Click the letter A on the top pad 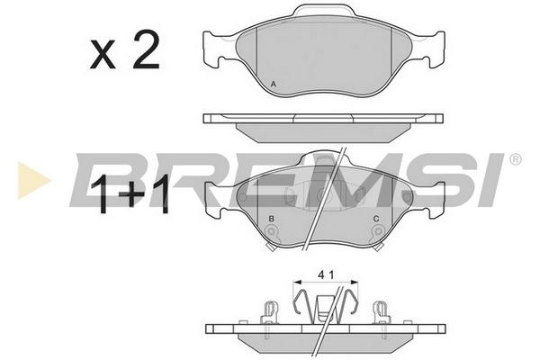click(x=273, y=84)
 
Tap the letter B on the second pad click(x=272, y=219)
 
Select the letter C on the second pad click(x=376, y=219)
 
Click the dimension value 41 click(x=326, y=274)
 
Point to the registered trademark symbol click(x=515, y=159)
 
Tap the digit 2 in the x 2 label click(x=147, y=51)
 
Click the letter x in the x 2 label click(x=103, y=56)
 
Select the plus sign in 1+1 click(x=131, y=194)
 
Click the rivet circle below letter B click(x=272, y=231)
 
